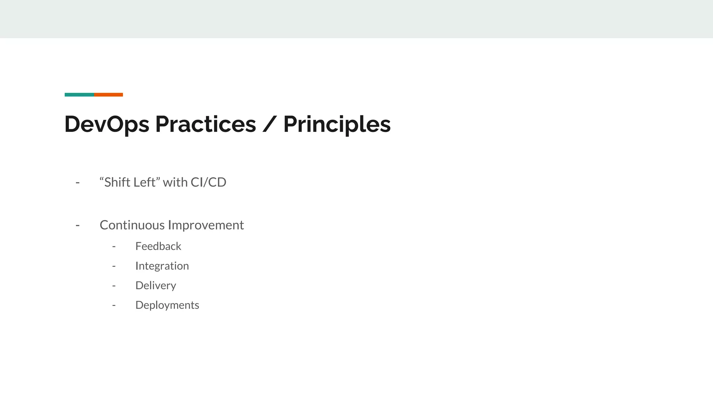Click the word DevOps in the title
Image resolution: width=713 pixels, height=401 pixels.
(x=107, y=124)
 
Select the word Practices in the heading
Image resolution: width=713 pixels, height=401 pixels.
(x=205, y=124)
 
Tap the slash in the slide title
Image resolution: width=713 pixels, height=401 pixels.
(x=269, y=124)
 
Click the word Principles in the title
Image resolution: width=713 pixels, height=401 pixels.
(x=337, y=124)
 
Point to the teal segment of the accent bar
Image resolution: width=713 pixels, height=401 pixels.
(x=79, y=95)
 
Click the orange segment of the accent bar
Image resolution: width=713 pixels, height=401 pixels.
(x=108, y=95)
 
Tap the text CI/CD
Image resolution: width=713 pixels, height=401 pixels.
(x=208, y=182)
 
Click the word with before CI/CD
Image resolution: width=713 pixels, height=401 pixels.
(x=175, y=182)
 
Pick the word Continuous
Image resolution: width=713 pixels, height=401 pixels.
(x=132, y=225)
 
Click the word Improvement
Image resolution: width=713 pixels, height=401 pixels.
(x=206, y=225)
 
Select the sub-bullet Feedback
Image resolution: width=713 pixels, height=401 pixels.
(x=158, y=246)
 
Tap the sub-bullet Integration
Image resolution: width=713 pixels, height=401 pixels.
(x=162, y=266)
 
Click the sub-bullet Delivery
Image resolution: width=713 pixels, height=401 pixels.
(x=156, y=285)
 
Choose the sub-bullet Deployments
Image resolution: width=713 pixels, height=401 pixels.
(x=167, y=305)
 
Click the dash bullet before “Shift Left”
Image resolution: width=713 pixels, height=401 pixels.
(x=78, y=183)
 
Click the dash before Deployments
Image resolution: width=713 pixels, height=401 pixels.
(x=114, y=305)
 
